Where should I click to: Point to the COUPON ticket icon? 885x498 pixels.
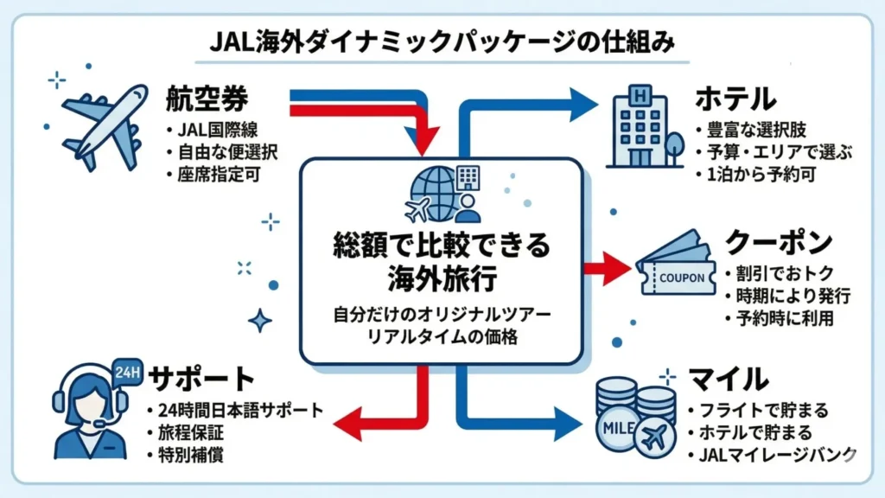click(x=679, y=268)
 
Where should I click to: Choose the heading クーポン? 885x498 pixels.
click(x=779, y=241)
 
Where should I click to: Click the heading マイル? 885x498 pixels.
click(x=729, y=379)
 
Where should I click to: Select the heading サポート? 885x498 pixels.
click(x=202, y=379)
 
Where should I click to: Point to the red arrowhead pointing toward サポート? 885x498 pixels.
click(x=344, y=421)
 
